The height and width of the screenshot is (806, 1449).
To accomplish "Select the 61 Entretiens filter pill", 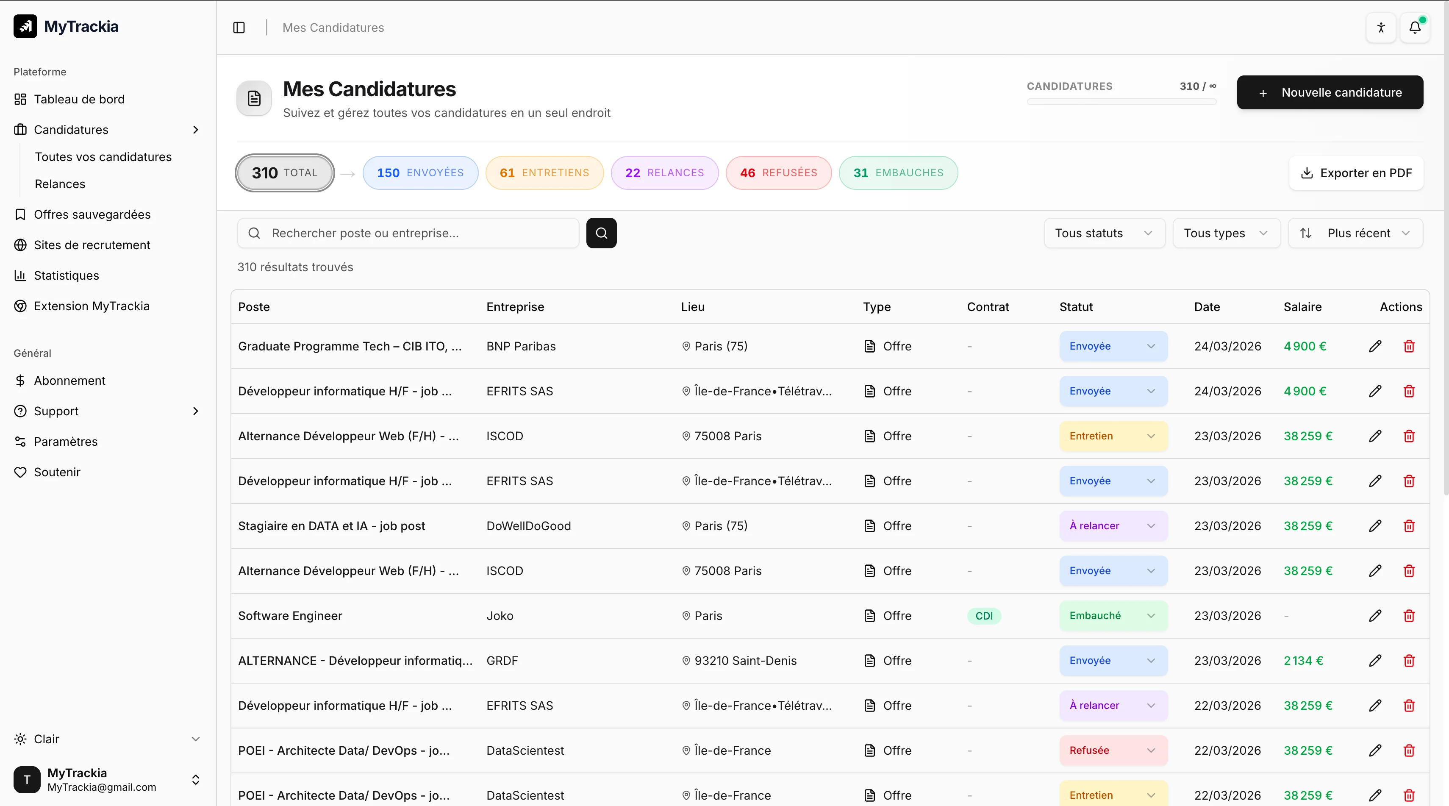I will (544, 172).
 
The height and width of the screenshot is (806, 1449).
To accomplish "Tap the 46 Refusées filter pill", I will (778, 172).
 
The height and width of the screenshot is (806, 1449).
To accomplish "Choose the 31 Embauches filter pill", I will (898, 172).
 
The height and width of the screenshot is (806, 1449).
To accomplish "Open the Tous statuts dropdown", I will (1104, 233).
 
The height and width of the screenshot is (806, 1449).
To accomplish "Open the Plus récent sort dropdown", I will (1355, 233).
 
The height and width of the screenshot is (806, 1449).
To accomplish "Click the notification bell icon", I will (1414, 28).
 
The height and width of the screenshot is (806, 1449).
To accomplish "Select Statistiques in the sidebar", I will (67, 275).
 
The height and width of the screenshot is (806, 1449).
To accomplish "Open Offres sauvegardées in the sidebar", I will (92, 214).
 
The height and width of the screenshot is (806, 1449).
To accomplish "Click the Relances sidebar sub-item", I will (60, 184).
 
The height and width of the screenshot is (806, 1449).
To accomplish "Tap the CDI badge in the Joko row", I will (984, 616).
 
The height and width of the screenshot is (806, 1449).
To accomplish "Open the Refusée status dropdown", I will (1112, 750).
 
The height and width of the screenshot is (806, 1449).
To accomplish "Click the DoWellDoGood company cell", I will (528, 526).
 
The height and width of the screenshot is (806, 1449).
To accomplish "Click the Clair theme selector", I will (107, 739).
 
